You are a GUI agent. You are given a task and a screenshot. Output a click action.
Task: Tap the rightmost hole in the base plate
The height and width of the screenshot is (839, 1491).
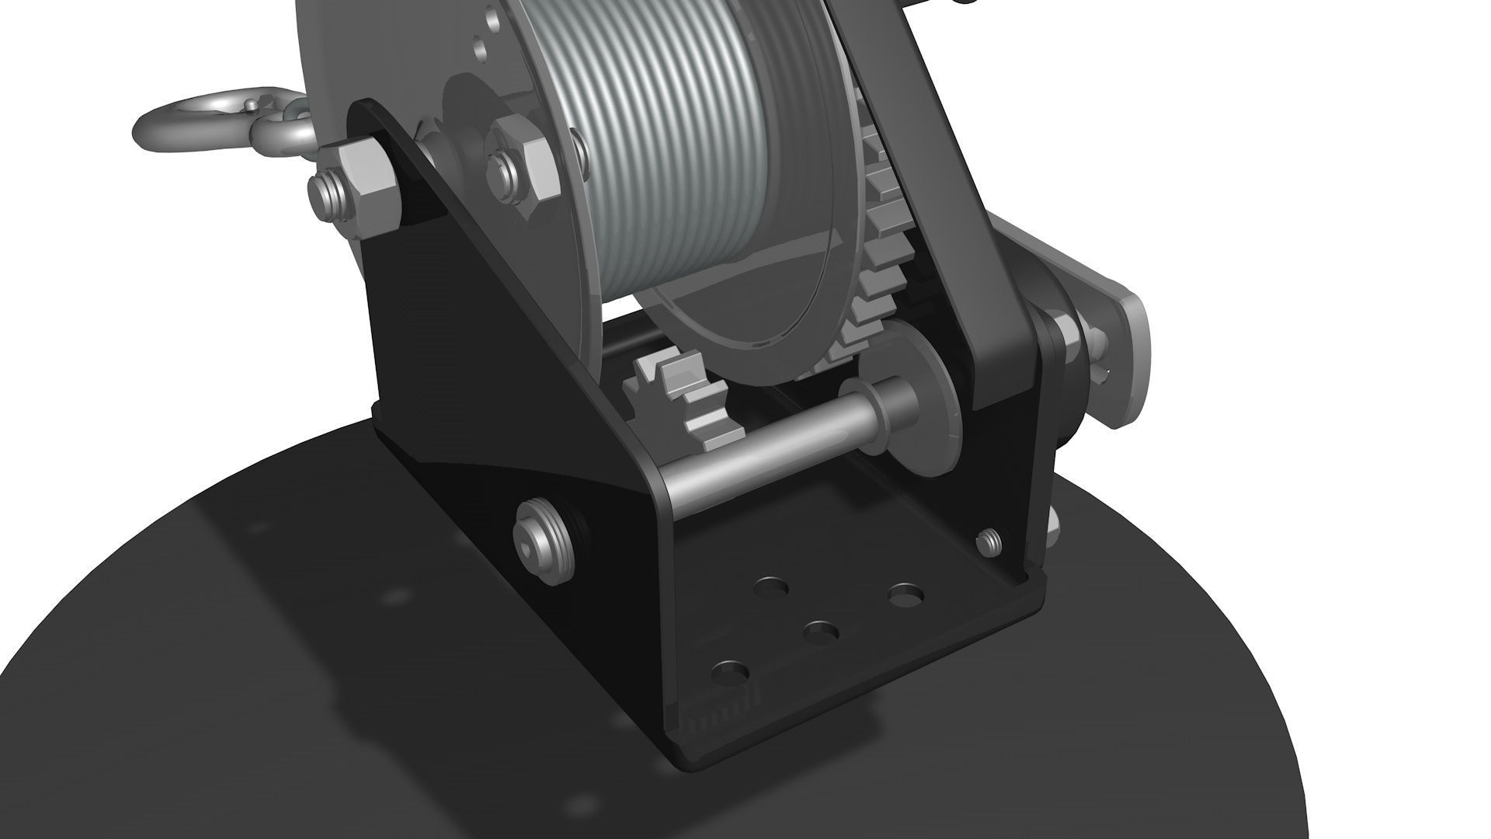[906, 596]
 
